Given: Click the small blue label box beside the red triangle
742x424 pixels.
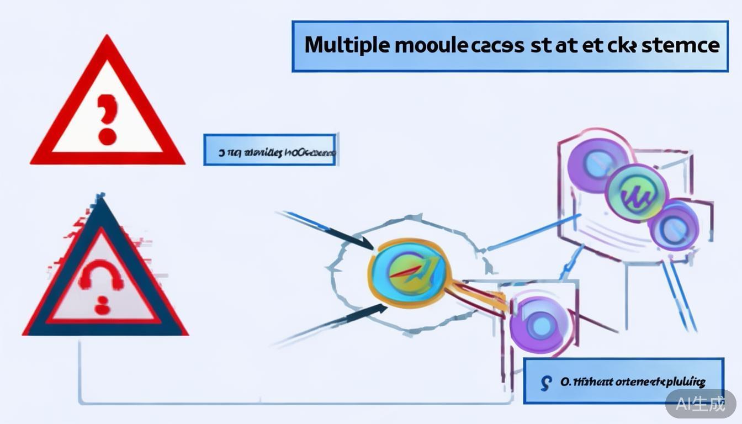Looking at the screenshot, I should pyautogui.click(x=270, y=150).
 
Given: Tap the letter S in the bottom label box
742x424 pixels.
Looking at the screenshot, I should pyautogui.click(x=546, y=381).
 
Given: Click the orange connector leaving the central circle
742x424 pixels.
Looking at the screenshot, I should pyautogui.click(x=475, y=292).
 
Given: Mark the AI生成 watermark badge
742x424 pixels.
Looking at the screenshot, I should pyautogui.click(x=700, y=404).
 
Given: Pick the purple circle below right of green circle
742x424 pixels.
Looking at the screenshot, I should pyautogui.click(x=673, y=224).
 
